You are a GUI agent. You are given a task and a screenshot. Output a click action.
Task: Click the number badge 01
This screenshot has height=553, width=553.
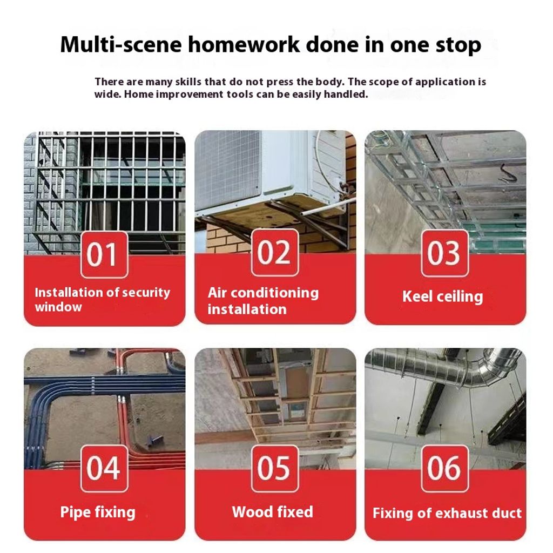(x=104, y=255)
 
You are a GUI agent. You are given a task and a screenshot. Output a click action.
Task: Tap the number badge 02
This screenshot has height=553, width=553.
(x=275, y=253)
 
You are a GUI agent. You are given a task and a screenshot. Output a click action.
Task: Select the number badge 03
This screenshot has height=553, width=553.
(x=445, y=253)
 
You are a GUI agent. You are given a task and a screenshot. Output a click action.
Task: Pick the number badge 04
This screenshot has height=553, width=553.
(x=104, y=468)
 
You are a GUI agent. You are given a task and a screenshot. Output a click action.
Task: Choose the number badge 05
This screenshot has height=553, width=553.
(x=275, y=468)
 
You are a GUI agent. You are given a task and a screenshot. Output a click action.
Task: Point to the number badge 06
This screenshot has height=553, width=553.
(x=445, y=468)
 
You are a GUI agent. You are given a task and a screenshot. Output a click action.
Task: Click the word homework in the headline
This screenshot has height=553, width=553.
(x=244, y=44)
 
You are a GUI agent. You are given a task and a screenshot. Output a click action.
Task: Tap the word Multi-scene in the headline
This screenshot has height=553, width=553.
(x=121, y=44)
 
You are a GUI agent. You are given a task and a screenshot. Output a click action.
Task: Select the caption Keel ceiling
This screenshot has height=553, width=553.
(x=443, y=296)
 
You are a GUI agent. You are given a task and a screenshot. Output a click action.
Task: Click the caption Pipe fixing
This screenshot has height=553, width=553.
(x=98, y=512)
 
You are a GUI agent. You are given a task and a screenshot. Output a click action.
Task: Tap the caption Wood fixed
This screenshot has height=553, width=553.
(x=272, y=512)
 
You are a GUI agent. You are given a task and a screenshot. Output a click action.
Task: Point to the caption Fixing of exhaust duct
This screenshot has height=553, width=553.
(x=447, y=513)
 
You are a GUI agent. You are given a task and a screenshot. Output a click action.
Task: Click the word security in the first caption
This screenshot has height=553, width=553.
(x=146, y=293)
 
